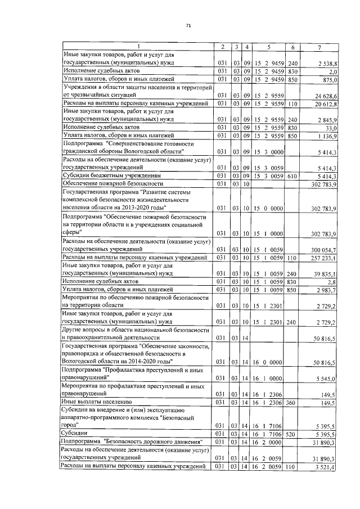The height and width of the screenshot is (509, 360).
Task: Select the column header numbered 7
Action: (319, 46)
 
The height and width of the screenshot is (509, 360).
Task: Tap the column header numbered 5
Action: (269, 46)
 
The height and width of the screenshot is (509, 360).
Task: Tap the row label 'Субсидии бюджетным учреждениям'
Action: (106, 176)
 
